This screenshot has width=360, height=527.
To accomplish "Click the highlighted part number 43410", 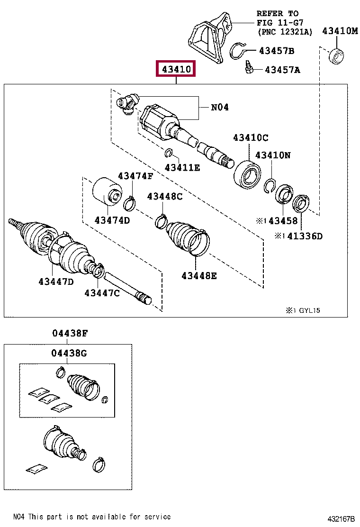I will pyautogui.click(x=176, y=70).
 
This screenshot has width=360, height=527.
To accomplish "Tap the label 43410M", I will pyautogui.click(x=340, y=31).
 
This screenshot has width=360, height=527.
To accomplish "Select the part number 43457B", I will pyautogui.click(x=276, y=51).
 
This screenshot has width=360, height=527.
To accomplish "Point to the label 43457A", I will pyautogui.click(x=282, y=70).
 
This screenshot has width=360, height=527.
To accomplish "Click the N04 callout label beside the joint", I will pyautogui.click(x=220, y=108).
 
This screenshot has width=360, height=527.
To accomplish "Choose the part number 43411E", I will pyautogui.click(x=182, y=167).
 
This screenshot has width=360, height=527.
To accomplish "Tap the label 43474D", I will pyautogui.click(x=112, y=220).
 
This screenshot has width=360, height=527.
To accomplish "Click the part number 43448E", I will pyautogui.click(x=199, y=275).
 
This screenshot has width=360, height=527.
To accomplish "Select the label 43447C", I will pyautogui.click(x=102, y=293).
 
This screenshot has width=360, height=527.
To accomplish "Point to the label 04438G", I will pyautogui.click(x=70, y=353).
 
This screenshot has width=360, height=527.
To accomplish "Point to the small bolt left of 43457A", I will pyautogui.click(x=248, y=69).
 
